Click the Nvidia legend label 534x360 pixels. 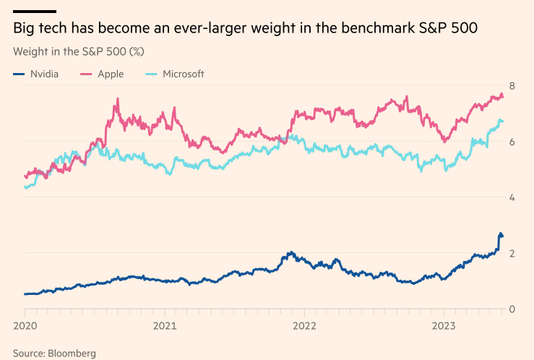pos(45,74)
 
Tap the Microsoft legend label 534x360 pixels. pos(184,74)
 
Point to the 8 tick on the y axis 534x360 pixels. pos(512,86)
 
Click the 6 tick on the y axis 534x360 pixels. pos(512,142)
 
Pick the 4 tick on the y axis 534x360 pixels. pos(512,197)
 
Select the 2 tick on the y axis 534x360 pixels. pos(512,253)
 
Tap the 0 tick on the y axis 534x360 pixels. pos(512,309)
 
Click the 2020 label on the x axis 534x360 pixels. pos(25,325)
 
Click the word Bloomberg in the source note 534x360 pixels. pos(72,353)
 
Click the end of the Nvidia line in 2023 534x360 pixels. pos(502,235)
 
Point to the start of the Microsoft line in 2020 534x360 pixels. pos(25,187)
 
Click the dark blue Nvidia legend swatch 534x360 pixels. pos(19,74)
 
